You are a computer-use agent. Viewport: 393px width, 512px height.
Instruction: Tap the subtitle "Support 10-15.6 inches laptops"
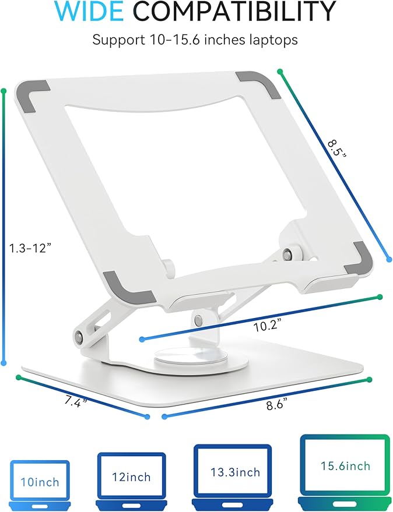(196, 41)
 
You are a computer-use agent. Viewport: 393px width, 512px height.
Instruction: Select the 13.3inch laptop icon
(232, 471)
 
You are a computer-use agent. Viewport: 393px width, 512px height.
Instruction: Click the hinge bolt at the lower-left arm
(78, 336)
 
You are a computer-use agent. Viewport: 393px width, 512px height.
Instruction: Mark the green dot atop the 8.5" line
(280, 72)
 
